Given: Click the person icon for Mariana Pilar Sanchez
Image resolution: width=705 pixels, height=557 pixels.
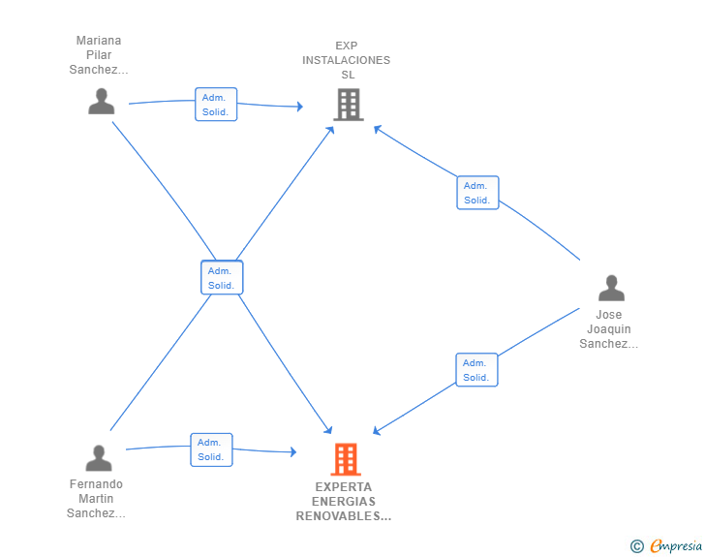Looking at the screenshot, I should (x=101, y=102).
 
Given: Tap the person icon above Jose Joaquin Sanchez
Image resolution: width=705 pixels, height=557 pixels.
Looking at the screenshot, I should (x=611, y=289).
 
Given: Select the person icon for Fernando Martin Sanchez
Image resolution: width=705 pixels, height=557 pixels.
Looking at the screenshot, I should (x=99, y=458).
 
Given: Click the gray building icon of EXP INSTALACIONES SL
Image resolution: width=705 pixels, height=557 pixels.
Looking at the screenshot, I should (x=348, y=105).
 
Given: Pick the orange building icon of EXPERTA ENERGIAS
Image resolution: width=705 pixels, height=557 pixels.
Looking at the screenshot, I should (x=346, y=459).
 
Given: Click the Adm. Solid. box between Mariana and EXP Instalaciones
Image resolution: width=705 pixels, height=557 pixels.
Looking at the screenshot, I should (x=216, y=105).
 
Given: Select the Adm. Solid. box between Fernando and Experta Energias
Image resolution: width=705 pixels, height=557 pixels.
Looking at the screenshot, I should (x=211, y=449).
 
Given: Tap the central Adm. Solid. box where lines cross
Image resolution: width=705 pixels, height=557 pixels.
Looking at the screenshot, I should (x=222, y=278).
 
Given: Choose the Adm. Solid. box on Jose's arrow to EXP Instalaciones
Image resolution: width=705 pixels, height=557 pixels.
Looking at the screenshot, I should (x=477, y=193).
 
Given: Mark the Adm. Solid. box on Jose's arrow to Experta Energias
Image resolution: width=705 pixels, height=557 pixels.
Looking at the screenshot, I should (x=476, y=370).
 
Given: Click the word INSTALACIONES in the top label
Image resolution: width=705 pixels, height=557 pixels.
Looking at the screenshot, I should (x=346, y=60).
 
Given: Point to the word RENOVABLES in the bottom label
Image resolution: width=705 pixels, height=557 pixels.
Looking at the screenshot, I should (x=344, y=516).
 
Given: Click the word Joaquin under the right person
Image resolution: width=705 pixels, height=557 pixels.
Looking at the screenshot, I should (x=609, y=329).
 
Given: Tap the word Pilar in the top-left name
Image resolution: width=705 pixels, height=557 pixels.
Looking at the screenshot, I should (x=99, y=55).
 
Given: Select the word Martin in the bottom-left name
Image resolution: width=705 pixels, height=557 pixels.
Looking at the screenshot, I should (x=96, y=499).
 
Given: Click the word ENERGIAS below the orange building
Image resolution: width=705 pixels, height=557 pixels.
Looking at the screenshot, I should (x=344, y=502).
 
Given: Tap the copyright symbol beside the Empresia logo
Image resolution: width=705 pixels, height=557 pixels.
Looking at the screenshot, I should (x=637, y=546).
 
